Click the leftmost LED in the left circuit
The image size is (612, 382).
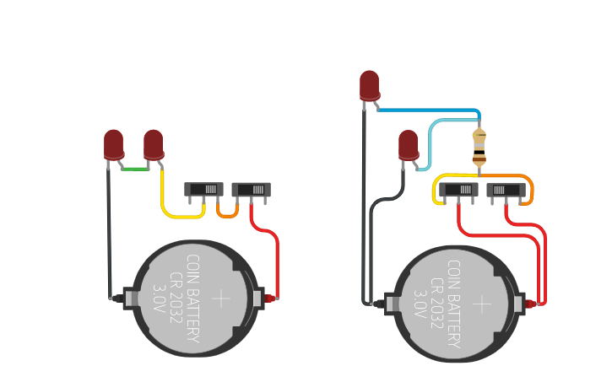[113, 143]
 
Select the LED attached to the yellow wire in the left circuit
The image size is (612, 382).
[153, 143]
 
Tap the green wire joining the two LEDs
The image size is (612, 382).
[133, 169]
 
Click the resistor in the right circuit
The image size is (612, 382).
[479, 146]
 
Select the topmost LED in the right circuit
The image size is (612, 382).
[369, 85]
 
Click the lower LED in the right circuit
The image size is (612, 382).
[408, 143]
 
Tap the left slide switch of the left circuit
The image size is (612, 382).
[204, 190]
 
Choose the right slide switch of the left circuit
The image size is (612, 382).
[251, 190]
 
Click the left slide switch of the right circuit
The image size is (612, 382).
[458, 190]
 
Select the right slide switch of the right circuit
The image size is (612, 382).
[506, 190]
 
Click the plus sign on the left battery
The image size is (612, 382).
[220, 299]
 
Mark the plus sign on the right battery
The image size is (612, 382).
[481, 304]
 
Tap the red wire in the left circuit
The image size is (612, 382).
[276, 261]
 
